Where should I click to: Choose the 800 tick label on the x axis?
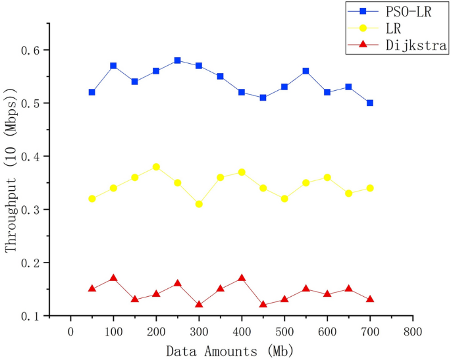pyautogui.click(x=413, y=331)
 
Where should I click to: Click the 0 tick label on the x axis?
pyautogui.click(x=70, y=331)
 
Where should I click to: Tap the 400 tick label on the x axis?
pyautogui.click(x=242, y=331)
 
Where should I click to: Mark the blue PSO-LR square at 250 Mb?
pyautogui.click(x=178, y=61)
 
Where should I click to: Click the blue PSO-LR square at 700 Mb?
pyautogui.click(x=370, y=103)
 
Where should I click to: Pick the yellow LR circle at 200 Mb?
pyautogui.click(x=156, y=167)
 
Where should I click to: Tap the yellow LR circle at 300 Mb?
pyautogui.click(x=199, y=204)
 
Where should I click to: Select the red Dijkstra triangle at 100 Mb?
pyautogui.click(x=113, y=278)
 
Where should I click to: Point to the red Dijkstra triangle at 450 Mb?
pyautogui.click(x=263, y=304)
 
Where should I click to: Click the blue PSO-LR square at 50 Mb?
pyautogui.click(x=92, y=92)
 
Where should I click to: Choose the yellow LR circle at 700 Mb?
pyautogui.click(x=370, y=188)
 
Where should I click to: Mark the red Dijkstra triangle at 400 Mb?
pyautogui.click(x=242, y=278)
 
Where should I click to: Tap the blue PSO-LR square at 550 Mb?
pyautogui.click(x=306, y=71)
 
